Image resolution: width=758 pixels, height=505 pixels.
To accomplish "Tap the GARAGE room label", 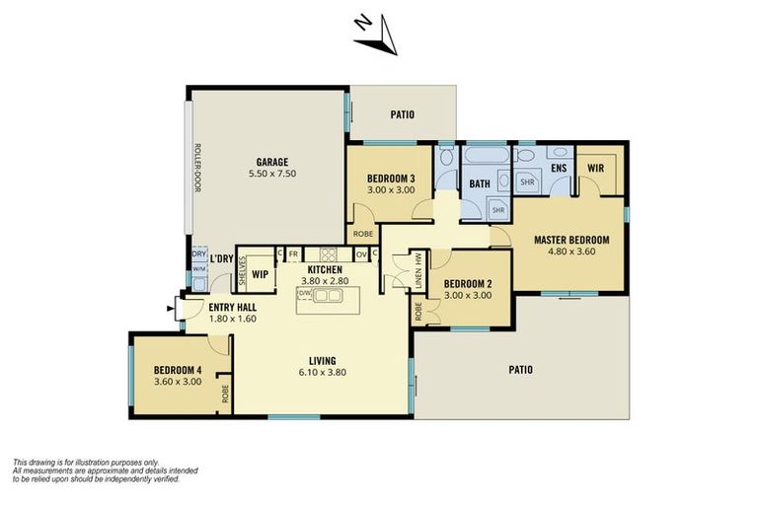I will coord(272,161).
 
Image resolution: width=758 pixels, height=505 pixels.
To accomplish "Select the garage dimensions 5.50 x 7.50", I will coord(272,174).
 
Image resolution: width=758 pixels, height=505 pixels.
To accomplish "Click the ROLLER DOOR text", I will coord(197,168).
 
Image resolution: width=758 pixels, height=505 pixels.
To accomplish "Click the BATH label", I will coord(480,184).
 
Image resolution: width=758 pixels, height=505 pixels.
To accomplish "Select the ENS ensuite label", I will coord(559,169).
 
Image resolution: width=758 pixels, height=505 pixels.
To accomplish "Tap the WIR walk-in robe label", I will coord(595,169).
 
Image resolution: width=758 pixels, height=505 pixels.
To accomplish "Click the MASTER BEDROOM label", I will coord(571,239).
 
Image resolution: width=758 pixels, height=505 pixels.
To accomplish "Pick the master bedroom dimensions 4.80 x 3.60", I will coord(571,252).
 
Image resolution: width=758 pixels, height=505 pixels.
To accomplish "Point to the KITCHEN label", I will coord(325,270).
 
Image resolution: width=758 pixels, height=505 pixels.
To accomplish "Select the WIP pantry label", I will coord(261,274).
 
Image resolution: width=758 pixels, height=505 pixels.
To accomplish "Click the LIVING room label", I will coord(322,360).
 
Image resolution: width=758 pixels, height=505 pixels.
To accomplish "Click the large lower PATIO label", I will coord(520,370).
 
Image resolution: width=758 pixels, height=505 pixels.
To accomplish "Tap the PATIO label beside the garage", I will coord(402,114).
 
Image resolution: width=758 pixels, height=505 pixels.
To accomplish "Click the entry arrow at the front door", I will coord(171,309).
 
